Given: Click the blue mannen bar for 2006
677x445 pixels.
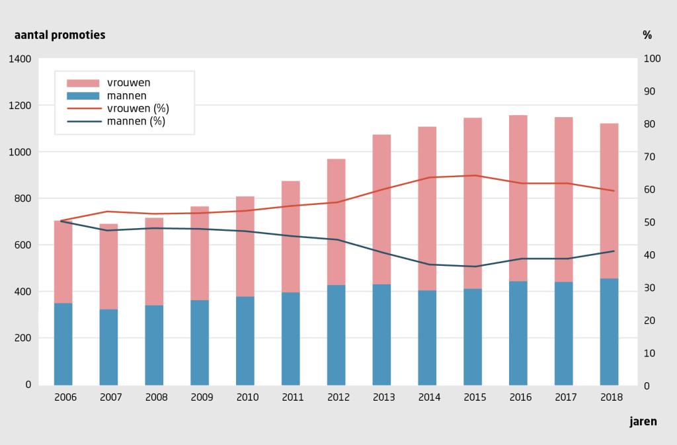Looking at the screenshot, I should [x=63, y=344].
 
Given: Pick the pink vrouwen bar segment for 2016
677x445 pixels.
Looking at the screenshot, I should [x=518, y=198].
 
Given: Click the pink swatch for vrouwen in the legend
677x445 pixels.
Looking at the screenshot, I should [x=83, y=83].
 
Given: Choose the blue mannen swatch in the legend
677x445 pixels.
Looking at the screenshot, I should [x=83, y=96].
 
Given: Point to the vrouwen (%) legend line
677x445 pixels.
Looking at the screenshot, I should [x=83, y=108].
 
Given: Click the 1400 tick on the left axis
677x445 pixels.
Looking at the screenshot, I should [x=20, y=60].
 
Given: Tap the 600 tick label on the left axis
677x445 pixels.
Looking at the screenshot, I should [x=22, y=245].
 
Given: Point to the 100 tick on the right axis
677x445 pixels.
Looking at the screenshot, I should [x=652, y=60].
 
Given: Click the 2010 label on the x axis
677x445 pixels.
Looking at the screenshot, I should [x=247, y=397].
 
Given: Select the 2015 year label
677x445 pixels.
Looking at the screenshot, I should [x=475, y=397].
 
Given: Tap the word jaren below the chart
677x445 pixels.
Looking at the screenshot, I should [x=643, y=421].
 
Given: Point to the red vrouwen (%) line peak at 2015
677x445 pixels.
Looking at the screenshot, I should [x=473, y=175].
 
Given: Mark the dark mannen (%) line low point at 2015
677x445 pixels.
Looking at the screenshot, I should [x=473, y=266].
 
